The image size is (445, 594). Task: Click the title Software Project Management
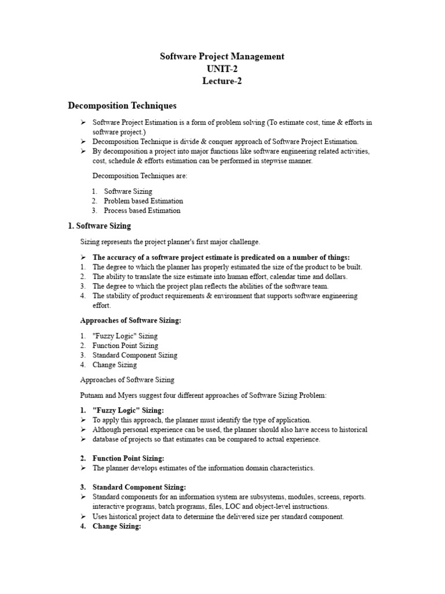coord(222,56)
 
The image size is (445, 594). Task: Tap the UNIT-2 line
coord(222,68)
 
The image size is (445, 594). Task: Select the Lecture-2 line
coord(222,81)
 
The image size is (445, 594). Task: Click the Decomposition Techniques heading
coord(122,106)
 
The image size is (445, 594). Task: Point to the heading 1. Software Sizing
coord(100,226)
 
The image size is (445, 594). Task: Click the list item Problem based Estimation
coord(143,201)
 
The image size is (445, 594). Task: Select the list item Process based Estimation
coord(142,211)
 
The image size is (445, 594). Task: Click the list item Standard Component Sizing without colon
coord(134,355)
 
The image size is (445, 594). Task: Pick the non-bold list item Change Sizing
coord(115,365)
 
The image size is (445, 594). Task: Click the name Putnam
coord(92,396)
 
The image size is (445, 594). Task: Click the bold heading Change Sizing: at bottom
coord(116,526)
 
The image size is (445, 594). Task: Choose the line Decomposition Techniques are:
coord(140,176)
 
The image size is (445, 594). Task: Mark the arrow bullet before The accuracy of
coord(83,257)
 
